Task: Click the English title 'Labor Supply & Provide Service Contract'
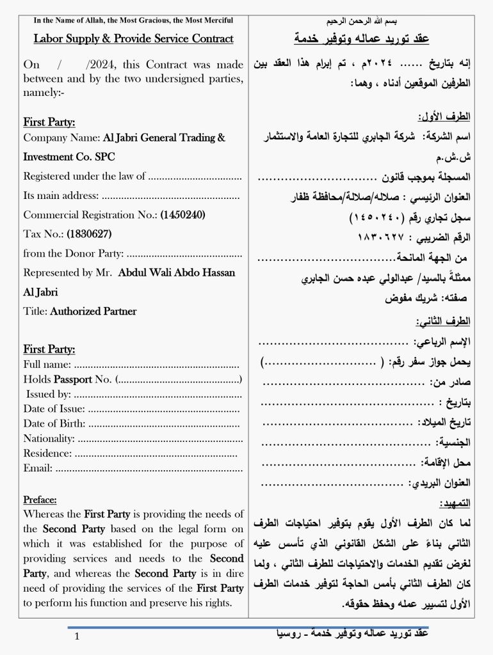133,39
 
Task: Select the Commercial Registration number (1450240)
182,215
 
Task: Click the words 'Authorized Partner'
93,312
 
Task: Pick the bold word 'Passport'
73,379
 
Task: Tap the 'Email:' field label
38,468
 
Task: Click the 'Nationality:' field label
49,438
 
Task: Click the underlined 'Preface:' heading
40,500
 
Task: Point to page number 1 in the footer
77,636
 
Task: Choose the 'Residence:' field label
47,453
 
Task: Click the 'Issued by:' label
49,394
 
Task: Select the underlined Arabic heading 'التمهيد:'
455,503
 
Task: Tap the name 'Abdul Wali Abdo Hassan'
177,272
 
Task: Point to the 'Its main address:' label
61,196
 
